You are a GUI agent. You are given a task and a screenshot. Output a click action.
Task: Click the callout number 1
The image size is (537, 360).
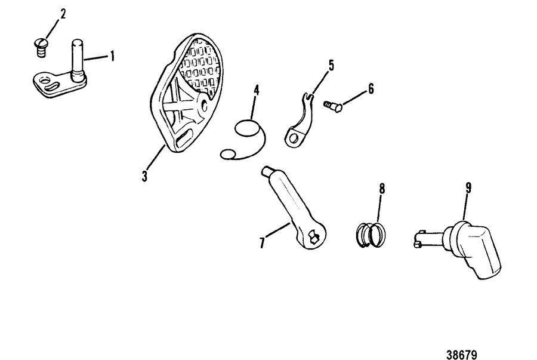click(112, 56)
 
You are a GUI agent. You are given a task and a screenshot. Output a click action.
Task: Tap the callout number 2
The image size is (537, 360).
click(63, 14)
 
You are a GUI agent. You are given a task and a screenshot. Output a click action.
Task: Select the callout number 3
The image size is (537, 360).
click(144, 176)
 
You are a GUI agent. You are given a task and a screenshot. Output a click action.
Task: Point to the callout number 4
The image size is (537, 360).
click(256, 90)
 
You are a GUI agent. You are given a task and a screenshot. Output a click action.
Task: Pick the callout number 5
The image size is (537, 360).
click(331, 65)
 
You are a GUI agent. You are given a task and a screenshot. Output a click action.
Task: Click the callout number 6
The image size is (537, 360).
click(371, 89)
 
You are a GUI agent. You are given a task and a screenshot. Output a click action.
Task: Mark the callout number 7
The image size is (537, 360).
click(262, 243)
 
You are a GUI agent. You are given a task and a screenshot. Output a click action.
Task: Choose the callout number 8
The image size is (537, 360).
click(382, 189)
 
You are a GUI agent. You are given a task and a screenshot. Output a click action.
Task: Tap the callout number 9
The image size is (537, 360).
click(468, 187)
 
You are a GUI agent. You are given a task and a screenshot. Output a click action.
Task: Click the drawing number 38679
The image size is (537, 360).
click(462, 354)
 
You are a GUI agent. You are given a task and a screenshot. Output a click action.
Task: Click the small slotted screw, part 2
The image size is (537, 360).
click(41, 48)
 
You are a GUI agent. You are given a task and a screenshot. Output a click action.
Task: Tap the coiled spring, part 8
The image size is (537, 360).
click(371, 235)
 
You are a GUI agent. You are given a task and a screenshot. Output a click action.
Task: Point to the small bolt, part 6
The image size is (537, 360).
click(333, 106)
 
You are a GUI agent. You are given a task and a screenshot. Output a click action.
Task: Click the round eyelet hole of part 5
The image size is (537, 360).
click(294, 139)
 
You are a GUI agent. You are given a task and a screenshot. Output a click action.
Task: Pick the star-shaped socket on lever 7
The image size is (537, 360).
click(313, 237)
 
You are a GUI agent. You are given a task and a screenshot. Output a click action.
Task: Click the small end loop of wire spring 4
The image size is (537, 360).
click(227, 154)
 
